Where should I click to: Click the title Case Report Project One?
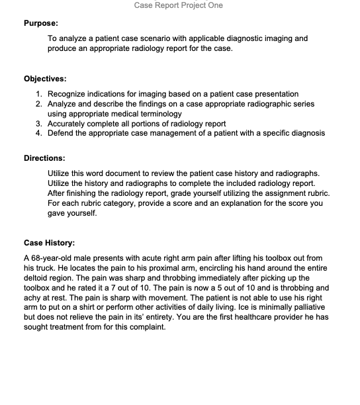pyautogui.click(x=178, y=5)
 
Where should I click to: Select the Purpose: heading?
pyautogui.click(x=42, y=23)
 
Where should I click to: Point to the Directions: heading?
pyautogui.click(x=44, y=158)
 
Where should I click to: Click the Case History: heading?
pyautogui.click(x=49, y=242)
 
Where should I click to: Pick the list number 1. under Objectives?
pyautogui.click(x=40, y=94)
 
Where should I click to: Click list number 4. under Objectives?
pyautogui.click(x=40, y=133)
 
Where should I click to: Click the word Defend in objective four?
pyautogui.click(x=62, y=133)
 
